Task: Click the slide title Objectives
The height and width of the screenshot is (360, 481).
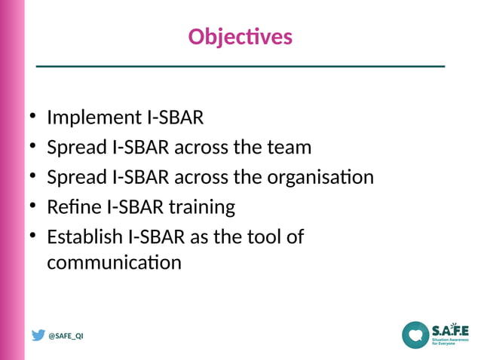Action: click(x=240, y=37)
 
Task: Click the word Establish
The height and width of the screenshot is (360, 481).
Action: click(x=84, y=237)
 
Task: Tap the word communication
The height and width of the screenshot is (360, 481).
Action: click(x=114, y=264)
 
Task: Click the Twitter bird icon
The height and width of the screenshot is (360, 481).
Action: click(x=38, y=335)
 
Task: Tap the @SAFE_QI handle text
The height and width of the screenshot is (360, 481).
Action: click(x=66, y=336)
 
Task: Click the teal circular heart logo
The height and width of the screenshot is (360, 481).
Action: click(x=415, y=335)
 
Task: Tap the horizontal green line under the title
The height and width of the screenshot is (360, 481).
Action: click(x=240, y=67)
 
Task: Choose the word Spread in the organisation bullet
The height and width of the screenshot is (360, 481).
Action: click(x=76, y=178)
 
